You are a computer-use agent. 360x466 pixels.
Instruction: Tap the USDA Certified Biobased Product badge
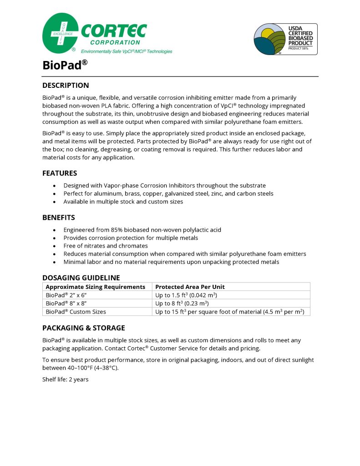(x=285, y=39)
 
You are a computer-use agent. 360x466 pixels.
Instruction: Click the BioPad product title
(x=65, y=65)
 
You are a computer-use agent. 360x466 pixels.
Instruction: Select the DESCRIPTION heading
(x=66, y=85)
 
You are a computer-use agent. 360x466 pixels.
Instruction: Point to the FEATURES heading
(x=60, y=173)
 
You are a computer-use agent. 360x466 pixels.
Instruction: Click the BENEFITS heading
(x=59, y=217)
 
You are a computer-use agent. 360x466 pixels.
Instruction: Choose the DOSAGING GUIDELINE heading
(x=81, y=278)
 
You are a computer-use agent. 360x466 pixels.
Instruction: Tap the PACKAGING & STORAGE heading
(x=83, y=328)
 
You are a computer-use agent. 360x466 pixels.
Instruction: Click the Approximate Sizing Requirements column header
(x=95, y=287)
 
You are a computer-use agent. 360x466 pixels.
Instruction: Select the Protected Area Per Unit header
(x=190, y=287)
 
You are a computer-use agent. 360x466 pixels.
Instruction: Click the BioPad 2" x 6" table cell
(x=67, y=295)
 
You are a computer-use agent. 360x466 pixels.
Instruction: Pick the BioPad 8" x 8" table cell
(x=67, y=303)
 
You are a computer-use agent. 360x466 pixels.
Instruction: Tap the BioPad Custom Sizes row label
(x=76, y=312)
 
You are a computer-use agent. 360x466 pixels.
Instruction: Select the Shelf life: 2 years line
(x=65, y=379)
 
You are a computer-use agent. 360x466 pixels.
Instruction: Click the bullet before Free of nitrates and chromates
(x=55, y=246)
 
